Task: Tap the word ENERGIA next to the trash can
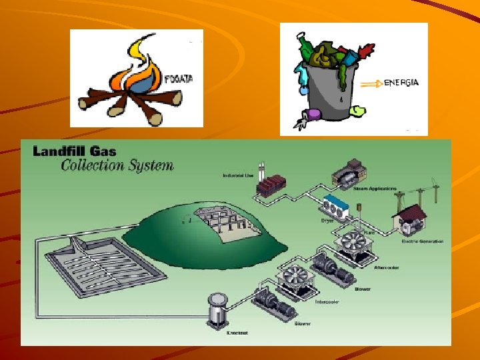pyautogui.click(x=402, y=83)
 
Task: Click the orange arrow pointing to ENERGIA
pyautogui.click(x=371, y=84)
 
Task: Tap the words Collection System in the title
pyautogui.click(x=117, y=165)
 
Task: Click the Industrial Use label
pyautogui.click(x=237, y=176)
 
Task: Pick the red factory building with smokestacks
pyautogui.click(x=269, y=184)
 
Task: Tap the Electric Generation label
pyautogui.click(x=423, y=241)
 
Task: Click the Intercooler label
pyautogui.click(x=327, y=301)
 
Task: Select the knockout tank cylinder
pyautogui.click(x=217, y=309)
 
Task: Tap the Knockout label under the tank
pyautogui.click(x=237, y=333)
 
